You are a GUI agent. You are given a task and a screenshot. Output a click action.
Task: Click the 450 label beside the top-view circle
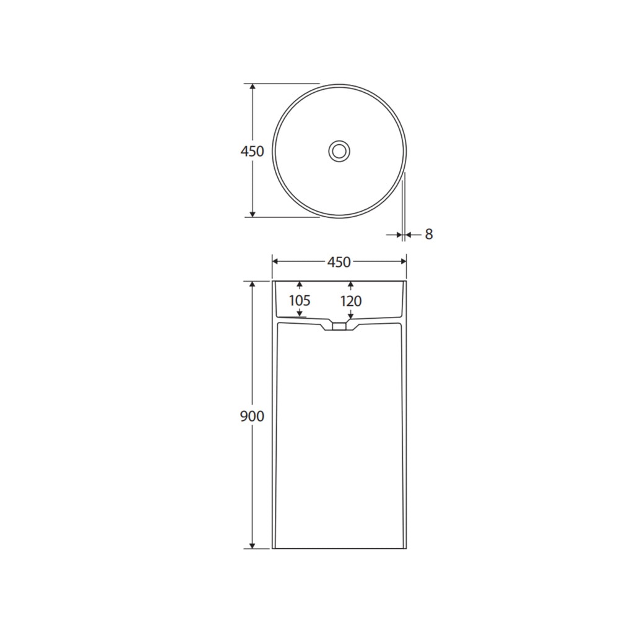tap(252, 151)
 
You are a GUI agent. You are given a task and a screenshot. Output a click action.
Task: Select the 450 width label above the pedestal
tap(339, 262)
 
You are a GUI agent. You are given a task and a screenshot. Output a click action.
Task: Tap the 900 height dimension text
tap(252, 417)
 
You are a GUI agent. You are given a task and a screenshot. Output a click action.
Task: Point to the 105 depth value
tap(300, 301)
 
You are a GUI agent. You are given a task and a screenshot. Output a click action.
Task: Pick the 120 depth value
tap(350, 301)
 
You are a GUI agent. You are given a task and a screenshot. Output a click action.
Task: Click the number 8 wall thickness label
tap(429, 235)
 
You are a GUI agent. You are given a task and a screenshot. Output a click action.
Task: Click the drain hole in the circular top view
tap(339, 150)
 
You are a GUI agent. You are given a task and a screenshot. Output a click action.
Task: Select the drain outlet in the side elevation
tap(339, 326)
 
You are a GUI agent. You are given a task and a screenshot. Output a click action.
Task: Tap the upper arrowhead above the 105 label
tap(300, 285)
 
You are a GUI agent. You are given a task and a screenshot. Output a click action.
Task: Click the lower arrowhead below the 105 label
tap(300, 314)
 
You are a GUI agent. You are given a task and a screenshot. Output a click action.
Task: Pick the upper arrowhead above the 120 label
tap(350, 285)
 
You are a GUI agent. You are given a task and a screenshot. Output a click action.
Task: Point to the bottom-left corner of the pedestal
tap(273, 548)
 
